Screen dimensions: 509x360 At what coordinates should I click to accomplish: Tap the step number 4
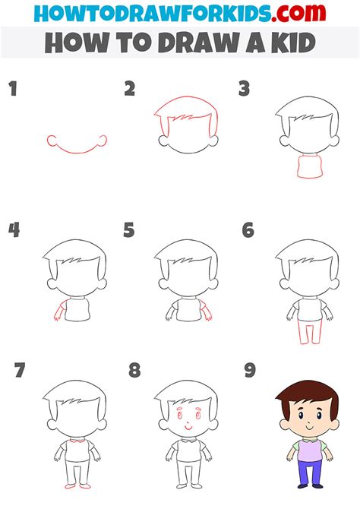pyautogui.click(x=14, y=229)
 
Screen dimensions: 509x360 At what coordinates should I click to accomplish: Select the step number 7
pyautogui.click(x=19, y=371)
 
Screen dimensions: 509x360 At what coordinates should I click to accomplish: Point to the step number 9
pyautogui.click(x=250, y=370)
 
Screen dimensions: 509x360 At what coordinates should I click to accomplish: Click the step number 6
pyautogui.click(x=248, y=229)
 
